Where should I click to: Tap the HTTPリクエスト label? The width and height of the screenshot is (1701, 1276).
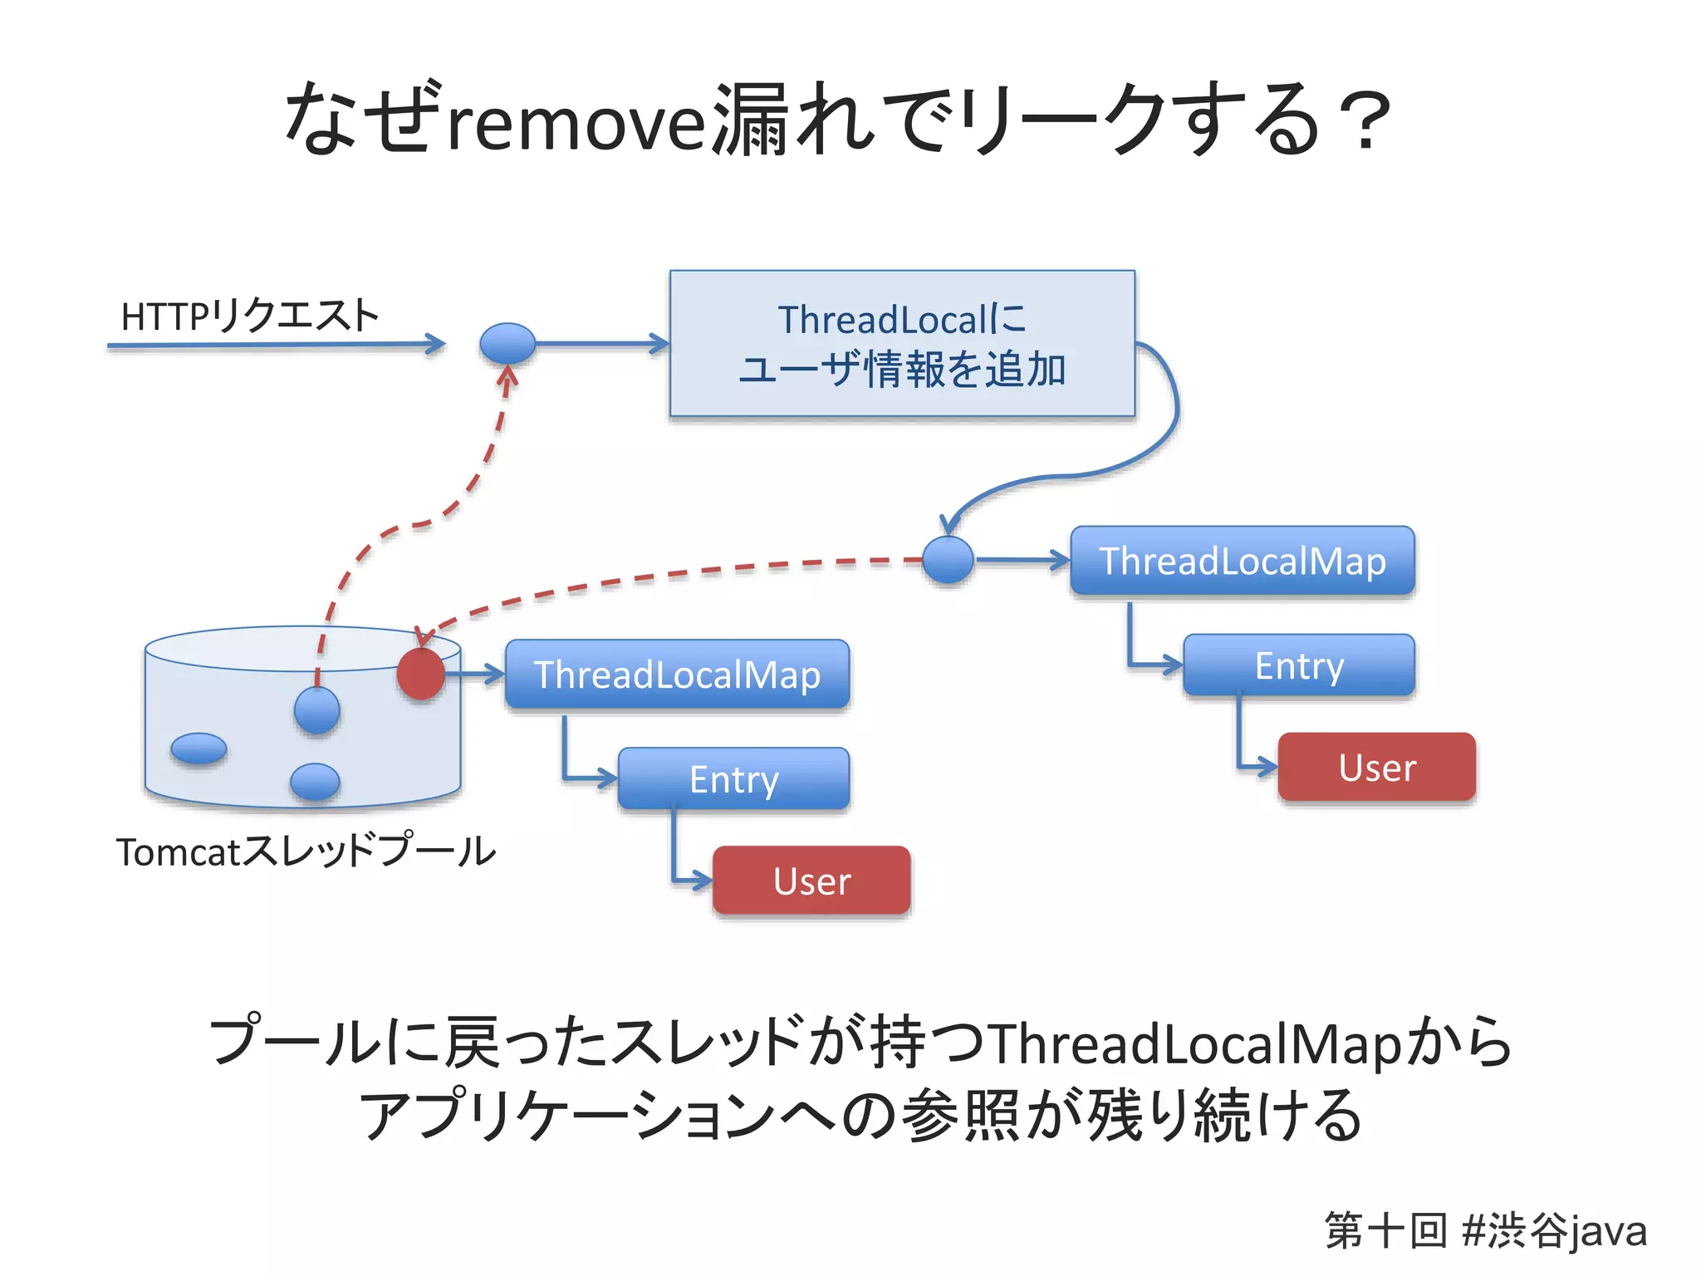tap(249, 317)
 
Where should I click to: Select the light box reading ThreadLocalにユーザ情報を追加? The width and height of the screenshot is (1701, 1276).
tap(902, 343)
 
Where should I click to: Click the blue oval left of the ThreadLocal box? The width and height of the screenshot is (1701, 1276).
tap(507, 342)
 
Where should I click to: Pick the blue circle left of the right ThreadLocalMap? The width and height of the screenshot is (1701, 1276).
tap(948, 560)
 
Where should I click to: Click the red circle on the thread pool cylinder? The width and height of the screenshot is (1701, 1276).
tap(421, 674)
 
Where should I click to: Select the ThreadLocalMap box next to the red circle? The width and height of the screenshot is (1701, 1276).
tap(677, 674)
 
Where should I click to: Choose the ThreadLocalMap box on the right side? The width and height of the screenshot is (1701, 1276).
tap(1242, 561)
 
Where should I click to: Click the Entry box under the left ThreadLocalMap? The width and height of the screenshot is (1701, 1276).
tap(733, 778)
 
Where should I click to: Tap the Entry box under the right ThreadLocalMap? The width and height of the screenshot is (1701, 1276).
tap(1298, 665)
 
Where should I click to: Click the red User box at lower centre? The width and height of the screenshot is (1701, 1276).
tap(811, 881)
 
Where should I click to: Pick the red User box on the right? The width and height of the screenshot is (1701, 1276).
tap(1376, 767)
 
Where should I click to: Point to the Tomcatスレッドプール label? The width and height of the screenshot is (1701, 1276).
tap(306, 851)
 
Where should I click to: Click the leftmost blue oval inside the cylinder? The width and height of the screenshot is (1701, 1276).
tap(199, 748)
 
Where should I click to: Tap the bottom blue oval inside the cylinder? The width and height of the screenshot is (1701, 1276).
tap(315, 782)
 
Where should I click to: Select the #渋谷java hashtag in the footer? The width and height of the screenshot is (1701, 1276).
tap(1553, 1230)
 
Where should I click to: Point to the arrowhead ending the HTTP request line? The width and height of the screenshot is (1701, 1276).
tap(436, 343)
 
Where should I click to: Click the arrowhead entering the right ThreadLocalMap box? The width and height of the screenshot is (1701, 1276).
tap(1061, 561)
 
